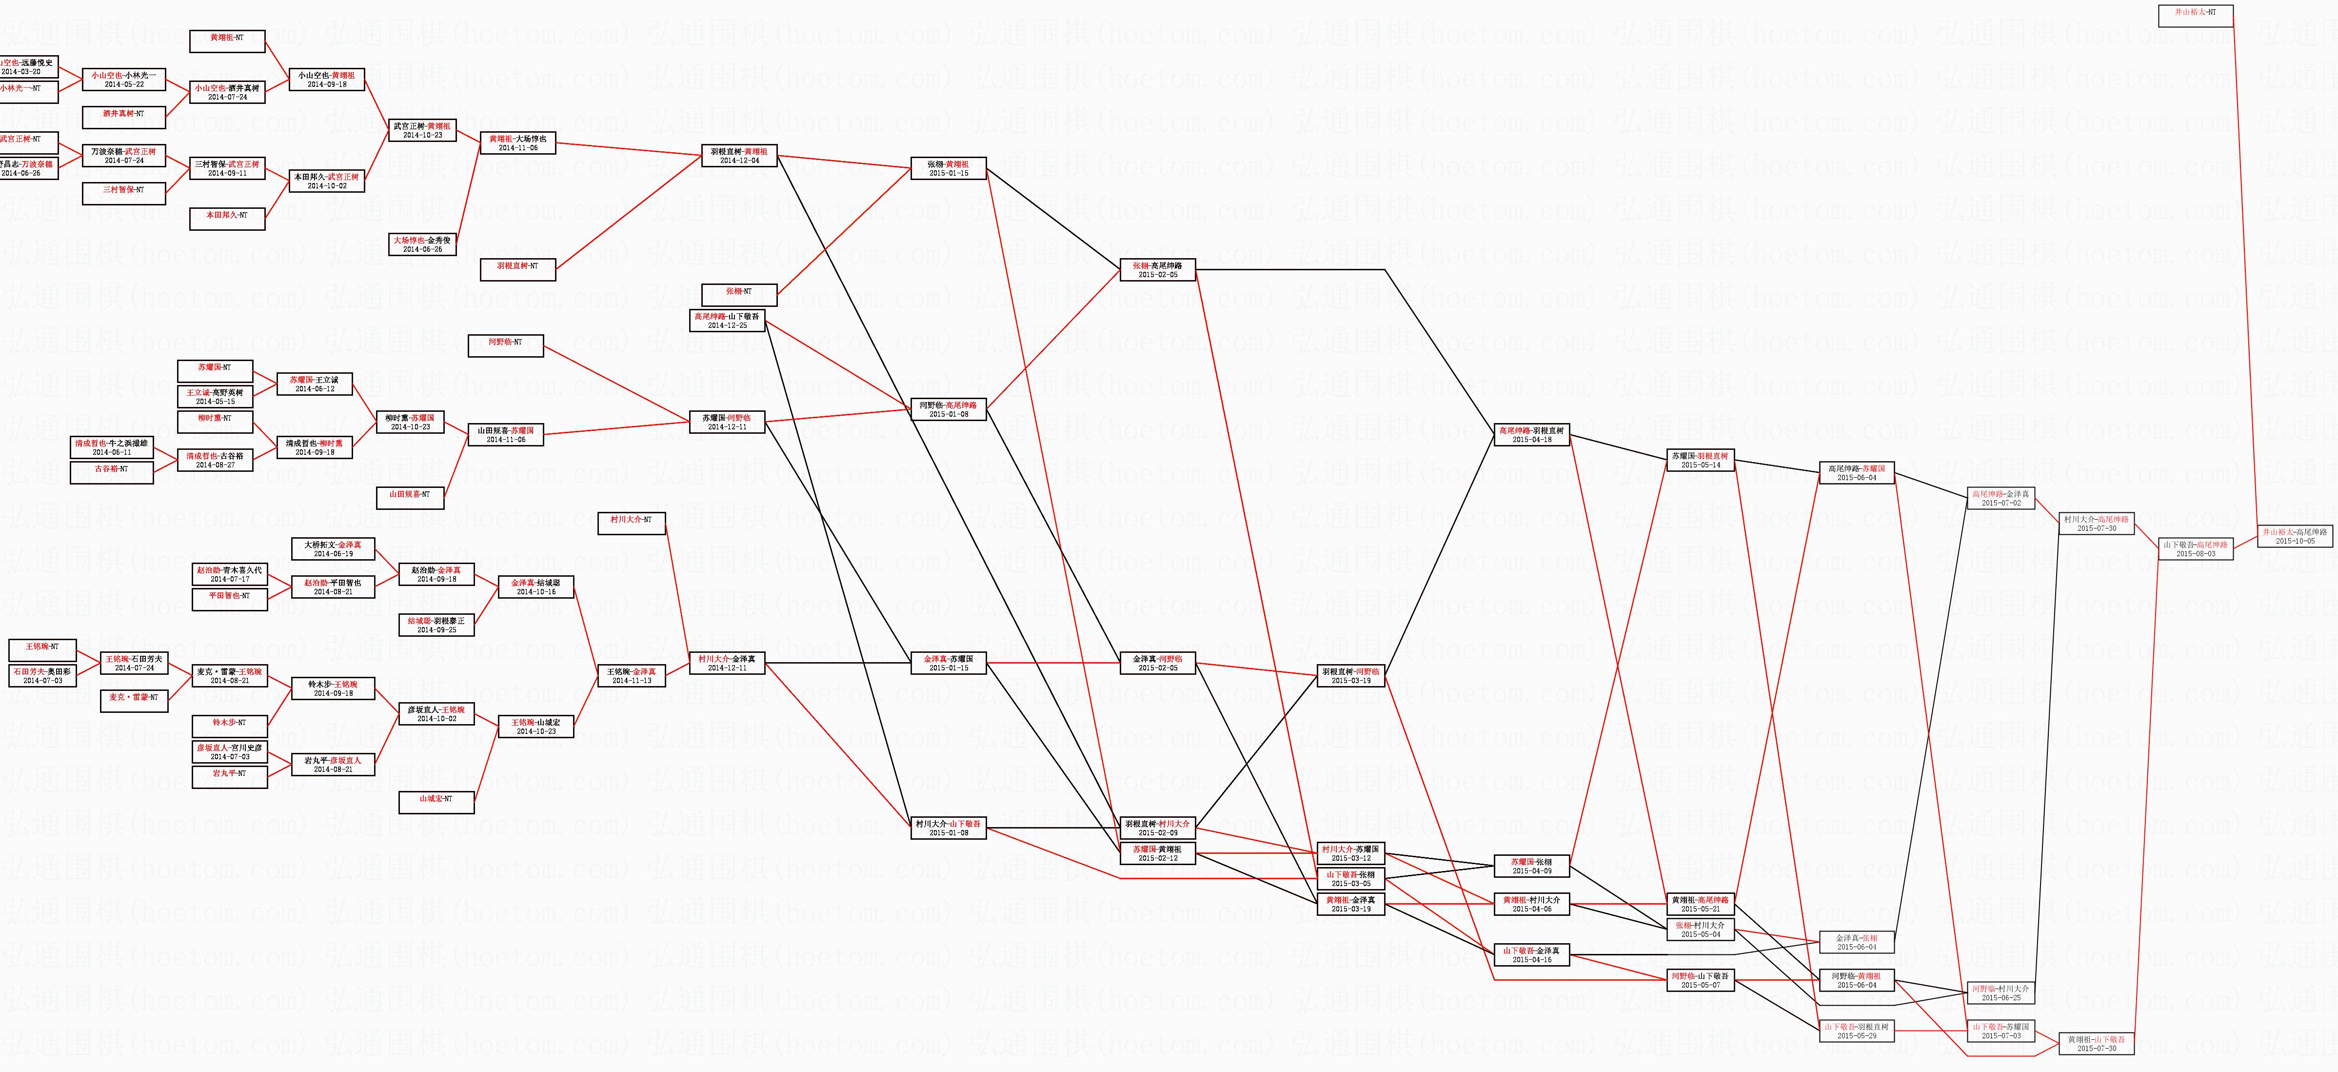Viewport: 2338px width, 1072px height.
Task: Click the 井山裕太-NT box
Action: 2195,16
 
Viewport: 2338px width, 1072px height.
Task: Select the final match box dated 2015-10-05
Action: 2295,536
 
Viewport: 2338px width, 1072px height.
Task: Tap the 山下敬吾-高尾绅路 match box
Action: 2195,549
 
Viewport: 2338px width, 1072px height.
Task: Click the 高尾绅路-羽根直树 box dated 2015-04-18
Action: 1531,435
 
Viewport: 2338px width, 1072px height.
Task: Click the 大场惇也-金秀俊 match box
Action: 422,244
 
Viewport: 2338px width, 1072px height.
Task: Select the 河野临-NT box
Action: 506,346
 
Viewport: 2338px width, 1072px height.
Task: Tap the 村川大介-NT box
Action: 631,524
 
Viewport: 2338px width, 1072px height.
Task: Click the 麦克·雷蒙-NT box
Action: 134,701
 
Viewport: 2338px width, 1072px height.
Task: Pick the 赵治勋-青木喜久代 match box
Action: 230,574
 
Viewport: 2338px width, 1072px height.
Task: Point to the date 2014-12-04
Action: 740,161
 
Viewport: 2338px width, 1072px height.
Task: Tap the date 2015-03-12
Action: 1351,858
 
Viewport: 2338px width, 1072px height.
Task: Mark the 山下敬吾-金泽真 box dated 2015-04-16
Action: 1531,955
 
